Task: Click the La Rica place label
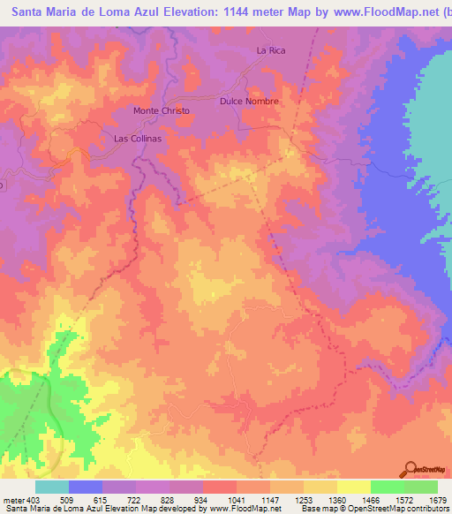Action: (272, 50)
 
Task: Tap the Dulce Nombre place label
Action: (249, 102)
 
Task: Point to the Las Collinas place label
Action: (139, 139)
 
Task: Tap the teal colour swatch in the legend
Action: (52, 487)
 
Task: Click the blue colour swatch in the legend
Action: (86, 487)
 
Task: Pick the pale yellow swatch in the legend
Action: (354, 487)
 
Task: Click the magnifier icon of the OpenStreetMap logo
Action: (411, 468)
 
